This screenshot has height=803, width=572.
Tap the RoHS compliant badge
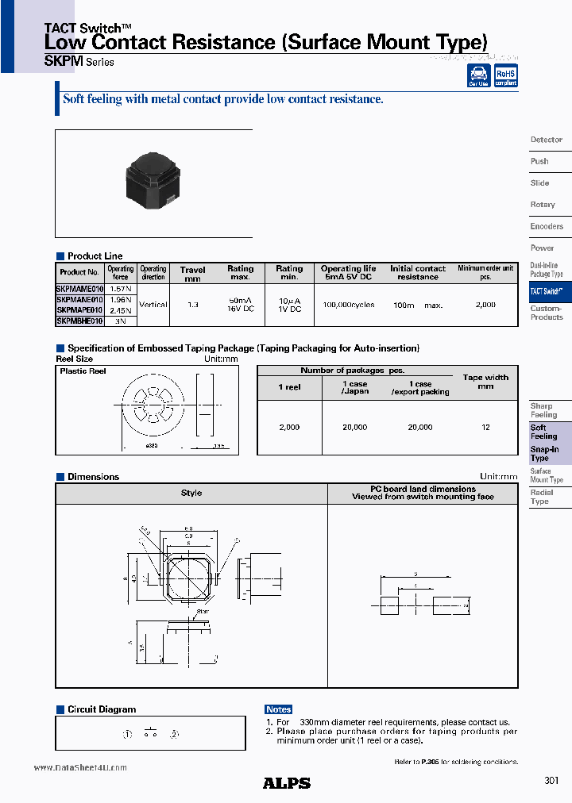point(505,75)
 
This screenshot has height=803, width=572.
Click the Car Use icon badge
point(478,75)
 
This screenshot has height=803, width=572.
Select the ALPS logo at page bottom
point(286,783)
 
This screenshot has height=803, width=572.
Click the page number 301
point(552,781)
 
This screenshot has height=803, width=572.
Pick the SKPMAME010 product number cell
point(79,290)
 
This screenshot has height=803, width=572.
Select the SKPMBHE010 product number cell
point(79,321)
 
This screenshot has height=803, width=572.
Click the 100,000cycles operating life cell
point(348,305)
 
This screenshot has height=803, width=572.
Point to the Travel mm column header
point(192,273)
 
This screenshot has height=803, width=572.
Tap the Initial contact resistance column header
point(418,273)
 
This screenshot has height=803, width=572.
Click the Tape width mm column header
point(485,382)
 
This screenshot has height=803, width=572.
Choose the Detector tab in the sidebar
point(547,140)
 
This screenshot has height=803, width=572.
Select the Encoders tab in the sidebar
point(547,226)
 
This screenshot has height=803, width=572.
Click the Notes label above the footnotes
point(279,709)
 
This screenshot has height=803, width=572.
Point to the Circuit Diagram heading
point(102,709)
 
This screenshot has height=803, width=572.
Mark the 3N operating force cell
point(122,321)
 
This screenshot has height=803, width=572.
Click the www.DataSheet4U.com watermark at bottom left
point(80,768)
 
